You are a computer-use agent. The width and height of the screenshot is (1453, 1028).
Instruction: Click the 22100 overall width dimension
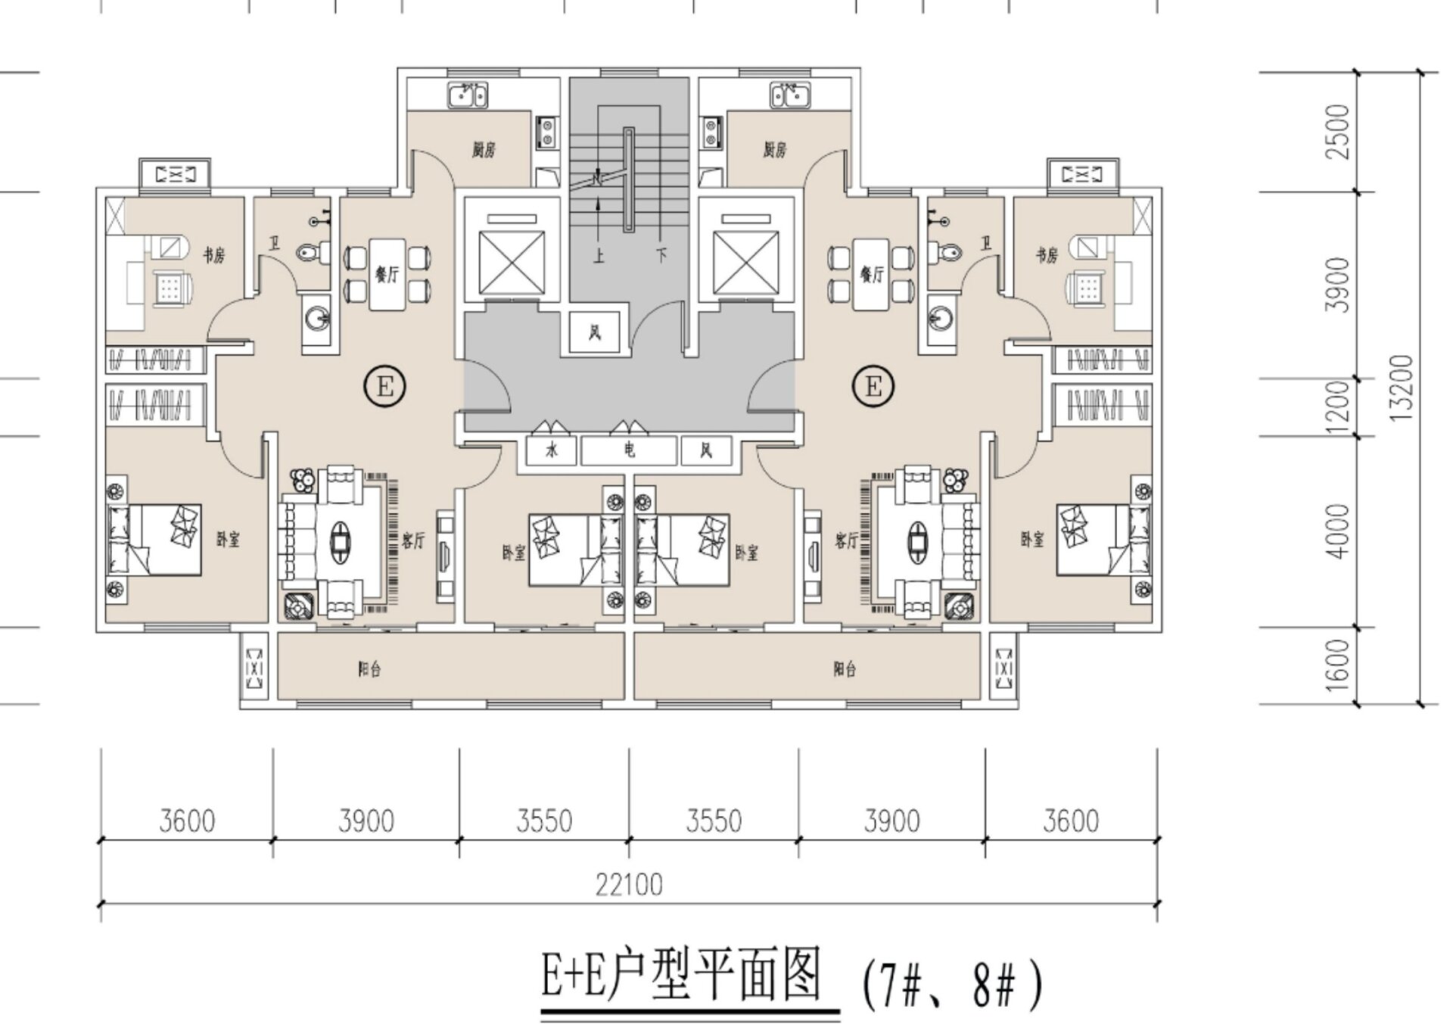(x=629, y=884)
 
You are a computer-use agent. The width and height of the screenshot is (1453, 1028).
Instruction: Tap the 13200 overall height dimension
(x=1402, y=388)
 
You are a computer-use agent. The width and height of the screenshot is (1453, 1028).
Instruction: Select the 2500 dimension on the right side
(x=1339, y=131)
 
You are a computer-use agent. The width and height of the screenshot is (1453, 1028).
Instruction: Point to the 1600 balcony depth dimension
(x=1339, y=664)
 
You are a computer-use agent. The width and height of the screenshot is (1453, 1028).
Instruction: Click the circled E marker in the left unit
(x=385, y=387)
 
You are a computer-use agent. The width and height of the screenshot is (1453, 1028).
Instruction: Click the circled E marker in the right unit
(x=873, y=387)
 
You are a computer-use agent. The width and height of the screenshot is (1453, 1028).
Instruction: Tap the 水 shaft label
(x=552, y=450)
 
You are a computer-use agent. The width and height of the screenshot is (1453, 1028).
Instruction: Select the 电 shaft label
(x=629, y=450)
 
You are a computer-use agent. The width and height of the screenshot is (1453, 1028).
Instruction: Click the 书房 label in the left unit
(x=214, y=255)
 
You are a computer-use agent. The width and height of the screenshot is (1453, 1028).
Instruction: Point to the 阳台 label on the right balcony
(x=845, y=669)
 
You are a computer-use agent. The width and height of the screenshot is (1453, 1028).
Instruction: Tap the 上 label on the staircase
(x=599, y=256)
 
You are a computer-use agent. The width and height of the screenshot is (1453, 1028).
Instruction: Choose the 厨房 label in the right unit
(x=774, y=150)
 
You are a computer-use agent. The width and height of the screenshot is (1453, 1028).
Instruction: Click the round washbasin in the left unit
(x=317, y=318)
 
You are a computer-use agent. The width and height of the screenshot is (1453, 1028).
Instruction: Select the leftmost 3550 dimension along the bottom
(x=544, y=821)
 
